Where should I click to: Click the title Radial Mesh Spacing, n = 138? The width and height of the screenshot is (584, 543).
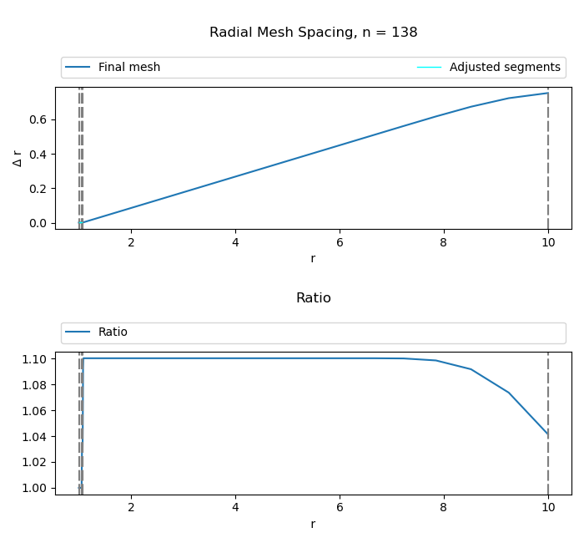(x=313, y=33)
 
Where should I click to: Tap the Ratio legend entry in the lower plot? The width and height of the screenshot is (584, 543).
(x=113, y=332)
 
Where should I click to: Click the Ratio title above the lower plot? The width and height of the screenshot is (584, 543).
(x=313, y=298)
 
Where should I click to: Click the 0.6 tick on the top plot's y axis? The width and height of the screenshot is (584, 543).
(x=38, y=119)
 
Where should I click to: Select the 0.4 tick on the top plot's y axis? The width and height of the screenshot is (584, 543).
(x=38, y=155)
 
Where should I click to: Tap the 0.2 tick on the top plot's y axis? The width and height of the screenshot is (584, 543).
(x=38, y=189)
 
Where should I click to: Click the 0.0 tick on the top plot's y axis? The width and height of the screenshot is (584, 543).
(x=38, y=223)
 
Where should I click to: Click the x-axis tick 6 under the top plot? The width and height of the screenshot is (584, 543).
(x=340, y=242)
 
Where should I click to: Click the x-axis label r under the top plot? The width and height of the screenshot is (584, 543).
(x=313, y=259)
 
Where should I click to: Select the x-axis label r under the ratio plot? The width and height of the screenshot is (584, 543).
(x=313, y=525)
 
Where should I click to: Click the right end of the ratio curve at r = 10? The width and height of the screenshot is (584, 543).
(x=547, y=434)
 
